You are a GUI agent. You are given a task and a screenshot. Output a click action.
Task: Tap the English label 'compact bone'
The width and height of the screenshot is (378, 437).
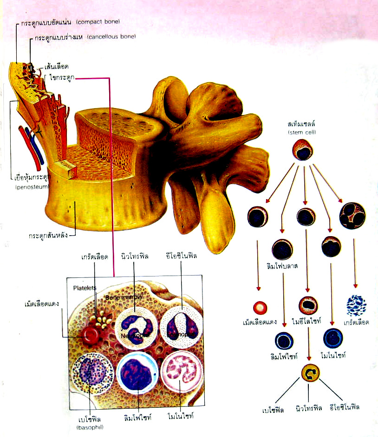point(98,22)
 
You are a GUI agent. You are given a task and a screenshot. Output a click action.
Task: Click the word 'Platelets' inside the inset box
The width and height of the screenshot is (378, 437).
point(85,288)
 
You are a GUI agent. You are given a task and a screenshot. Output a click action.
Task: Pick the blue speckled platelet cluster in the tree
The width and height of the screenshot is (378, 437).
point(356,305)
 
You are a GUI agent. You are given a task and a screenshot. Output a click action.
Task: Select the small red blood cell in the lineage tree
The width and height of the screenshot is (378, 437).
point(260,307)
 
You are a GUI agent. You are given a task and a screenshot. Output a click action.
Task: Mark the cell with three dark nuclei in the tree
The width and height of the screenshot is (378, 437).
point(352,215)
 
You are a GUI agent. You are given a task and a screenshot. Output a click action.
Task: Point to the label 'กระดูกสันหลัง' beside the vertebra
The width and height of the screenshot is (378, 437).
point(47,235)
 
